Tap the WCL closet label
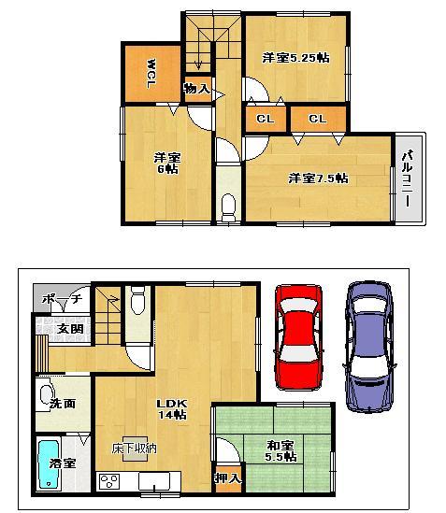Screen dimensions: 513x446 [x=150, y=74]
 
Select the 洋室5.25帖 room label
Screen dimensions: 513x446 [x=295, y=58]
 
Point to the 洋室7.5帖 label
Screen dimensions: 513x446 [x=318, y=178]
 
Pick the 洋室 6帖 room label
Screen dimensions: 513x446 [x=167, y=164]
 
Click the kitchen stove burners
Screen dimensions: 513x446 [x=110, y=482]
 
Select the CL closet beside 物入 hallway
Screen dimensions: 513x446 [x=266, y=119]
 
